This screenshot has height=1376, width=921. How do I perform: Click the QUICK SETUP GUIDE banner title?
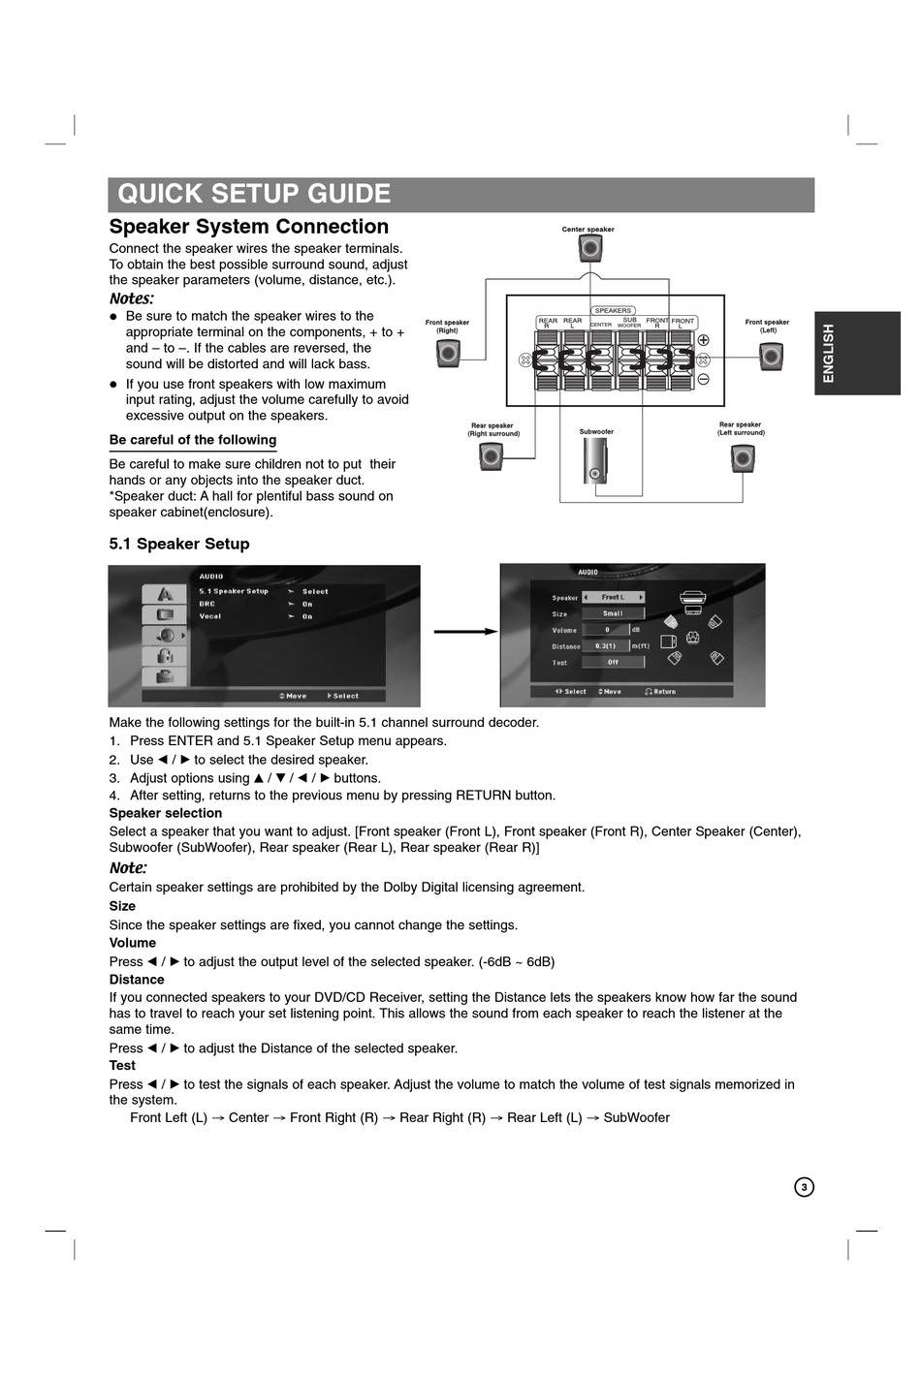(254, 194)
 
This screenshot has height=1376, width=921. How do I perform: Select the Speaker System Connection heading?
(249, 227)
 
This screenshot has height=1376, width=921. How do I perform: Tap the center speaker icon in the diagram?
(590, 249)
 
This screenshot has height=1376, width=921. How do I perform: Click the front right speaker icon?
(448, 354)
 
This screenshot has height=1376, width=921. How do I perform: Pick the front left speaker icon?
(771, 357)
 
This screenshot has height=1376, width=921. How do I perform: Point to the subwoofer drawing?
(594, 461)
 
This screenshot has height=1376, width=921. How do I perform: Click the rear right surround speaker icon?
(492, 455)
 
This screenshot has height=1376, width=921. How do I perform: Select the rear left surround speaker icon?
(743, 457)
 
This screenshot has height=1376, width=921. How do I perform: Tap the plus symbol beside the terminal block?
(704, 340)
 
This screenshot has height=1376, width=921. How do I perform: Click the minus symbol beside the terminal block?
(704, 379)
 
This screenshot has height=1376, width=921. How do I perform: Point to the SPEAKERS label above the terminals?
(613, 311)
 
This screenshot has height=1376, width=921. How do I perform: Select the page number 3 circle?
(804, 1187)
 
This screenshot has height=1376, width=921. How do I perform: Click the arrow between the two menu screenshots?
(464, 632)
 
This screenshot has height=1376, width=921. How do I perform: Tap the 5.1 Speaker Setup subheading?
(179, 545)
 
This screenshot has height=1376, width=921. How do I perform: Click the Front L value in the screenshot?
(613, 598)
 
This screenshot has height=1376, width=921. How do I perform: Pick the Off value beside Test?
(613, 663)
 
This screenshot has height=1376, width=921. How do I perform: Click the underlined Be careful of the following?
(193, 440)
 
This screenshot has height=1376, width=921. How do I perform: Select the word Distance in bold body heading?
(137, 980)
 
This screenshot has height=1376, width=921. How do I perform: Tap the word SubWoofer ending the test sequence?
(636, 1118)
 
